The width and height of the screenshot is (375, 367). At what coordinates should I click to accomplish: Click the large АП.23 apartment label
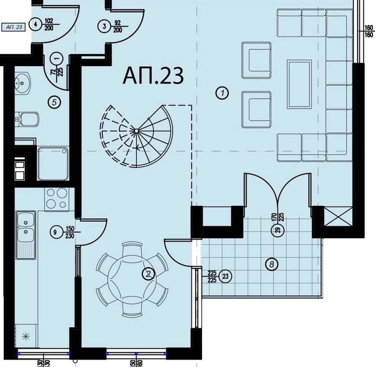coord(153,76)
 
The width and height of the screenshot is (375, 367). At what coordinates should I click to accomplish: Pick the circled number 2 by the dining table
coord(149,273)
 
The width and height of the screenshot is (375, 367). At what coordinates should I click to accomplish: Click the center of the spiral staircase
coord(135,131)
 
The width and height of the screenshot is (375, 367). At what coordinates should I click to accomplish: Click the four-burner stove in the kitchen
coord(56,198)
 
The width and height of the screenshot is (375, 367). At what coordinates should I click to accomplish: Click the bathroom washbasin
coord(22,83)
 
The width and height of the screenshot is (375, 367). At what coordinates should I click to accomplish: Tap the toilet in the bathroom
coord(26,120)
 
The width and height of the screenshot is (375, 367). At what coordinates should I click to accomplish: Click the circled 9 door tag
coord(54,231)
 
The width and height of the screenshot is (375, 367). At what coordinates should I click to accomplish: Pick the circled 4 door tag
coord(36,24)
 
